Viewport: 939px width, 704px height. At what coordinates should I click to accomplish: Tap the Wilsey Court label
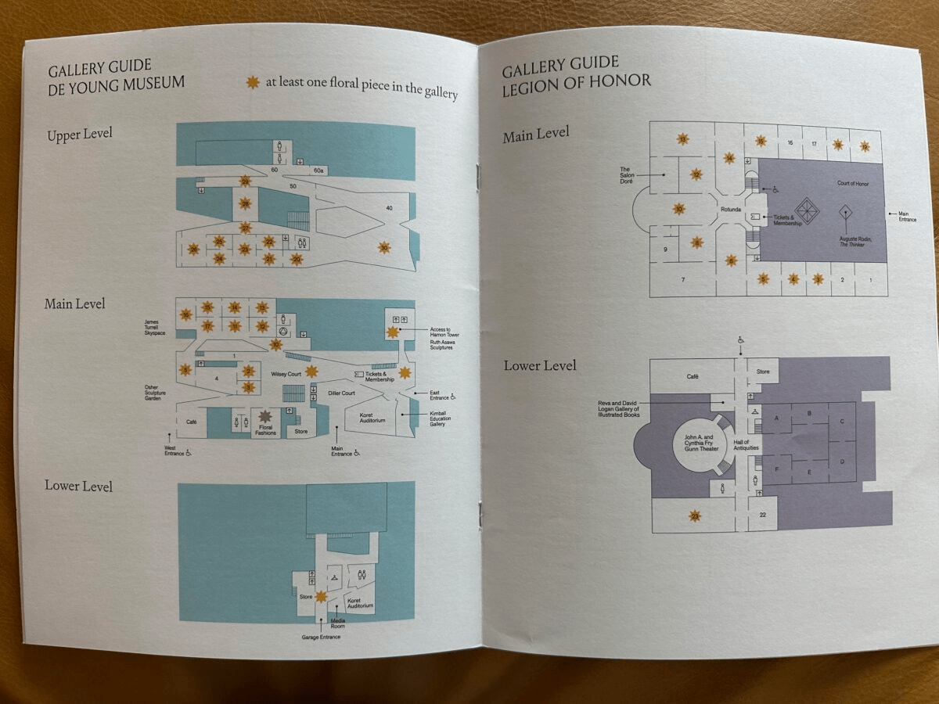(x=286, y=375)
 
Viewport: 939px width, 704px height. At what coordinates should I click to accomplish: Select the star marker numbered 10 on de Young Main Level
(x=275, y=344)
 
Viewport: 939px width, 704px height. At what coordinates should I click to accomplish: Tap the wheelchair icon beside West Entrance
(x=189, y=453)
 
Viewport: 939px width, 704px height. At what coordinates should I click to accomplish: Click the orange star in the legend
(x=253, y=82)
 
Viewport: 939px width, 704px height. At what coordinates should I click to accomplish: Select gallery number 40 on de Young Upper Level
(x=389, y=207)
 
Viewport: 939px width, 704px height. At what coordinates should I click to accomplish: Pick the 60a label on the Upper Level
(x=318, y=171)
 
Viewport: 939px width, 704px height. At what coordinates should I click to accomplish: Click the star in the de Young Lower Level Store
(x=321, y=596)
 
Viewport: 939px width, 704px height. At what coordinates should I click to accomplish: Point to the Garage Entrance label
(x=321, y=638)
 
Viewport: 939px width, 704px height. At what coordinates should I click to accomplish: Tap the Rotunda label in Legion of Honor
(x=731, y=209)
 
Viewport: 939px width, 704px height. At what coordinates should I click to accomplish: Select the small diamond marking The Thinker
(x=845, y=212)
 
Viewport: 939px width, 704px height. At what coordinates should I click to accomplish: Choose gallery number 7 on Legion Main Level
(x=683, y=279)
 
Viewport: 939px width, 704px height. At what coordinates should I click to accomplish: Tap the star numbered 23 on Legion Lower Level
(x=694, y=515)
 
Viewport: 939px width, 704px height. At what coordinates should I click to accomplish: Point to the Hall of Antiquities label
(x=741, y=446)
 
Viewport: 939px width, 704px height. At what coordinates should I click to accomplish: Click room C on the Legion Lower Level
(x=842, y=421)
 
